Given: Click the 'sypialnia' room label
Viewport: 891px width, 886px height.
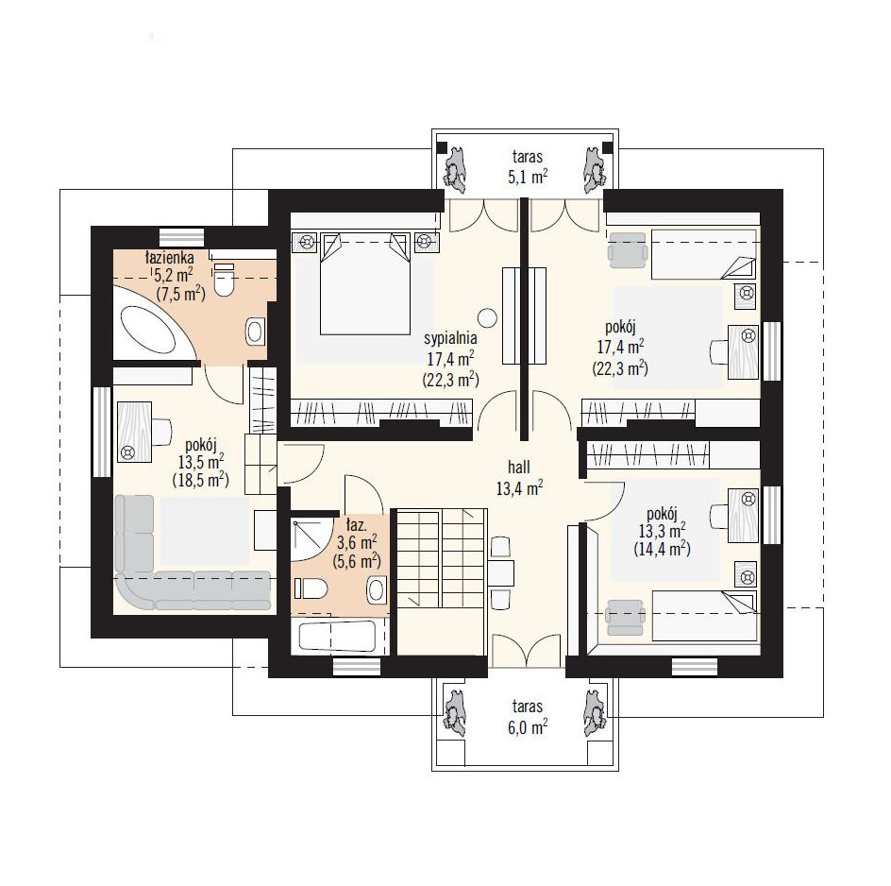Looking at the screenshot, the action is click(450, 338).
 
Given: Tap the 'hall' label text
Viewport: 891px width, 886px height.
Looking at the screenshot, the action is click(519, 467).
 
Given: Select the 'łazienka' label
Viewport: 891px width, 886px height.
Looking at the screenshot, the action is click(169, 257).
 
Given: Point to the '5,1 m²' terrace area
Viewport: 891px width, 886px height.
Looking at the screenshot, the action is click(528, 177).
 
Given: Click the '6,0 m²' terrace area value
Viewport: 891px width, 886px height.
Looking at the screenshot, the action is click(528, 726).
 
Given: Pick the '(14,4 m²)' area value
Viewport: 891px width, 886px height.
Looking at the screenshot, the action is click(662, 549).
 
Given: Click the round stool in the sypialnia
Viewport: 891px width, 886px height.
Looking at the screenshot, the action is click(487, 318).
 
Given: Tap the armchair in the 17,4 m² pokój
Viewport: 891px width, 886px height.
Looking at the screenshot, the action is click(628, 249).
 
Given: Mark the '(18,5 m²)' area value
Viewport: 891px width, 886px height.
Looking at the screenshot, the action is click(201, 480).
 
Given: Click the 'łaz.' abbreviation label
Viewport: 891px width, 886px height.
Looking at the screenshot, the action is click(356, 523).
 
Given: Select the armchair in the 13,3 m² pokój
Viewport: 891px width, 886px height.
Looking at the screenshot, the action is click(625, 618).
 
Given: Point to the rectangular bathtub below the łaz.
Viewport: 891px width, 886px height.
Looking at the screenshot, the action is click(337, 636).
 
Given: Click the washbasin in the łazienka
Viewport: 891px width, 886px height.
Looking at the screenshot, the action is click(256, 331).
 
